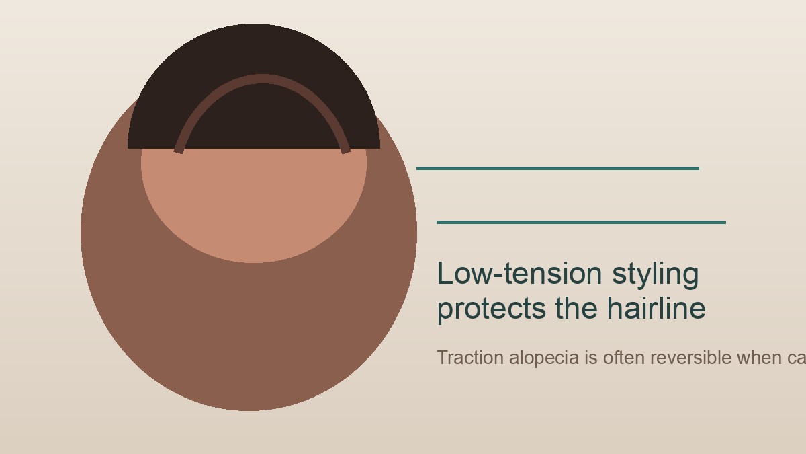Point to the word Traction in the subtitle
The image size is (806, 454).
pyautogui.click(x=470, y=358)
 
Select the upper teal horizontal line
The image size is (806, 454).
pyautogui.click(x=557, y=168)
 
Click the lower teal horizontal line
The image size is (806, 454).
pyautogui.click(x=581, y=222)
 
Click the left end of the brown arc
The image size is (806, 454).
pyautogui.click(x=179, y=150)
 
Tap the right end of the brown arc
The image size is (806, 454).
pyautogui.click(x=346, y=150)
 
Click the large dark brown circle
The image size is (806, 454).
pyautogui.click(x=249, y=336)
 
